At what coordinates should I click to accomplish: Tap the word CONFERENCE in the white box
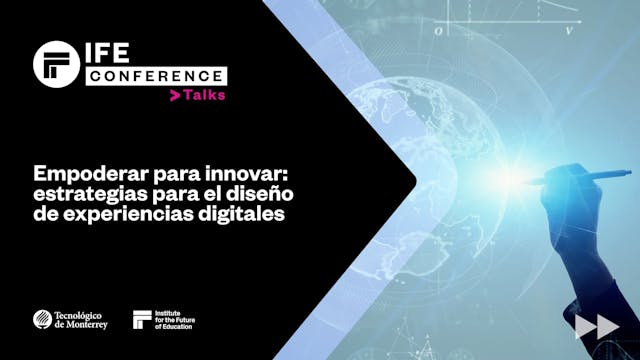pos(155,75)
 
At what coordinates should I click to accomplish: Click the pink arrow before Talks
pos(175,95)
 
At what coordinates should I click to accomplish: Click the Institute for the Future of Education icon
pos(143,319)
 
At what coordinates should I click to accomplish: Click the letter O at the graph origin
pos(439,32)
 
